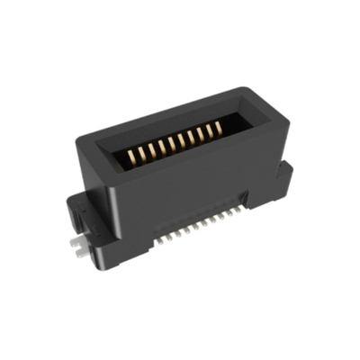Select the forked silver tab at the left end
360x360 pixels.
tap(81, 247)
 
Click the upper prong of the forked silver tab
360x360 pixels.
tap(79, 241)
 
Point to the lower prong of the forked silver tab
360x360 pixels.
tap(82, 254)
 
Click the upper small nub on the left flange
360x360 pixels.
tap(74, 203)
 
